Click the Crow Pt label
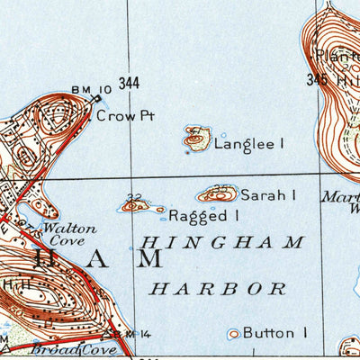(119, 115)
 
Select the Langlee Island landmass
(197, 139)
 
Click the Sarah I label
(267, 194)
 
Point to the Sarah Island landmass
(217, 194)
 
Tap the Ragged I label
(203, 215)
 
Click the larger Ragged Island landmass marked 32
(135, 206)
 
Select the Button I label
(274, 332)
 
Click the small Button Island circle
(234, 333)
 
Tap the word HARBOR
(218, 288)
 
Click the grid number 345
(314, 80)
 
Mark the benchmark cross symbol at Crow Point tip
(97, 99)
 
